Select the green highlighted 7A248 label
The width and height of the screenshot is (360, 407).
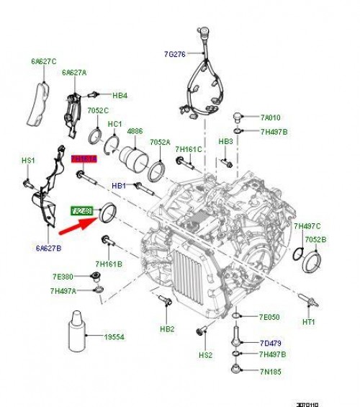(x=81, y=210)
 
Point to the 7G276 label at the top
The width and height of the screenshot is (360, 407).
(x=174, y=53)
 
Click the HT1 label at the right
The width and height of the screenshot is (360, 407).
(x=309, y=321)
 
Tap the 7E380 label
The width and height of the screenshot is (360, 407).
(x=62, y=277)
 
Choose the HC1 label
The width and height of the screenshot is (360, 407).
(x=114, y=124)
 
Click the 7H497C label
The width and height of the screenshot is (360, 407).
(x=307, y=225)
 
